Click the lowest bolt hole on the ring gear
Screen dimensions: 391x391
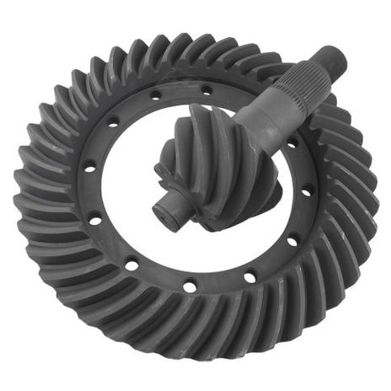(190, 287)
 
